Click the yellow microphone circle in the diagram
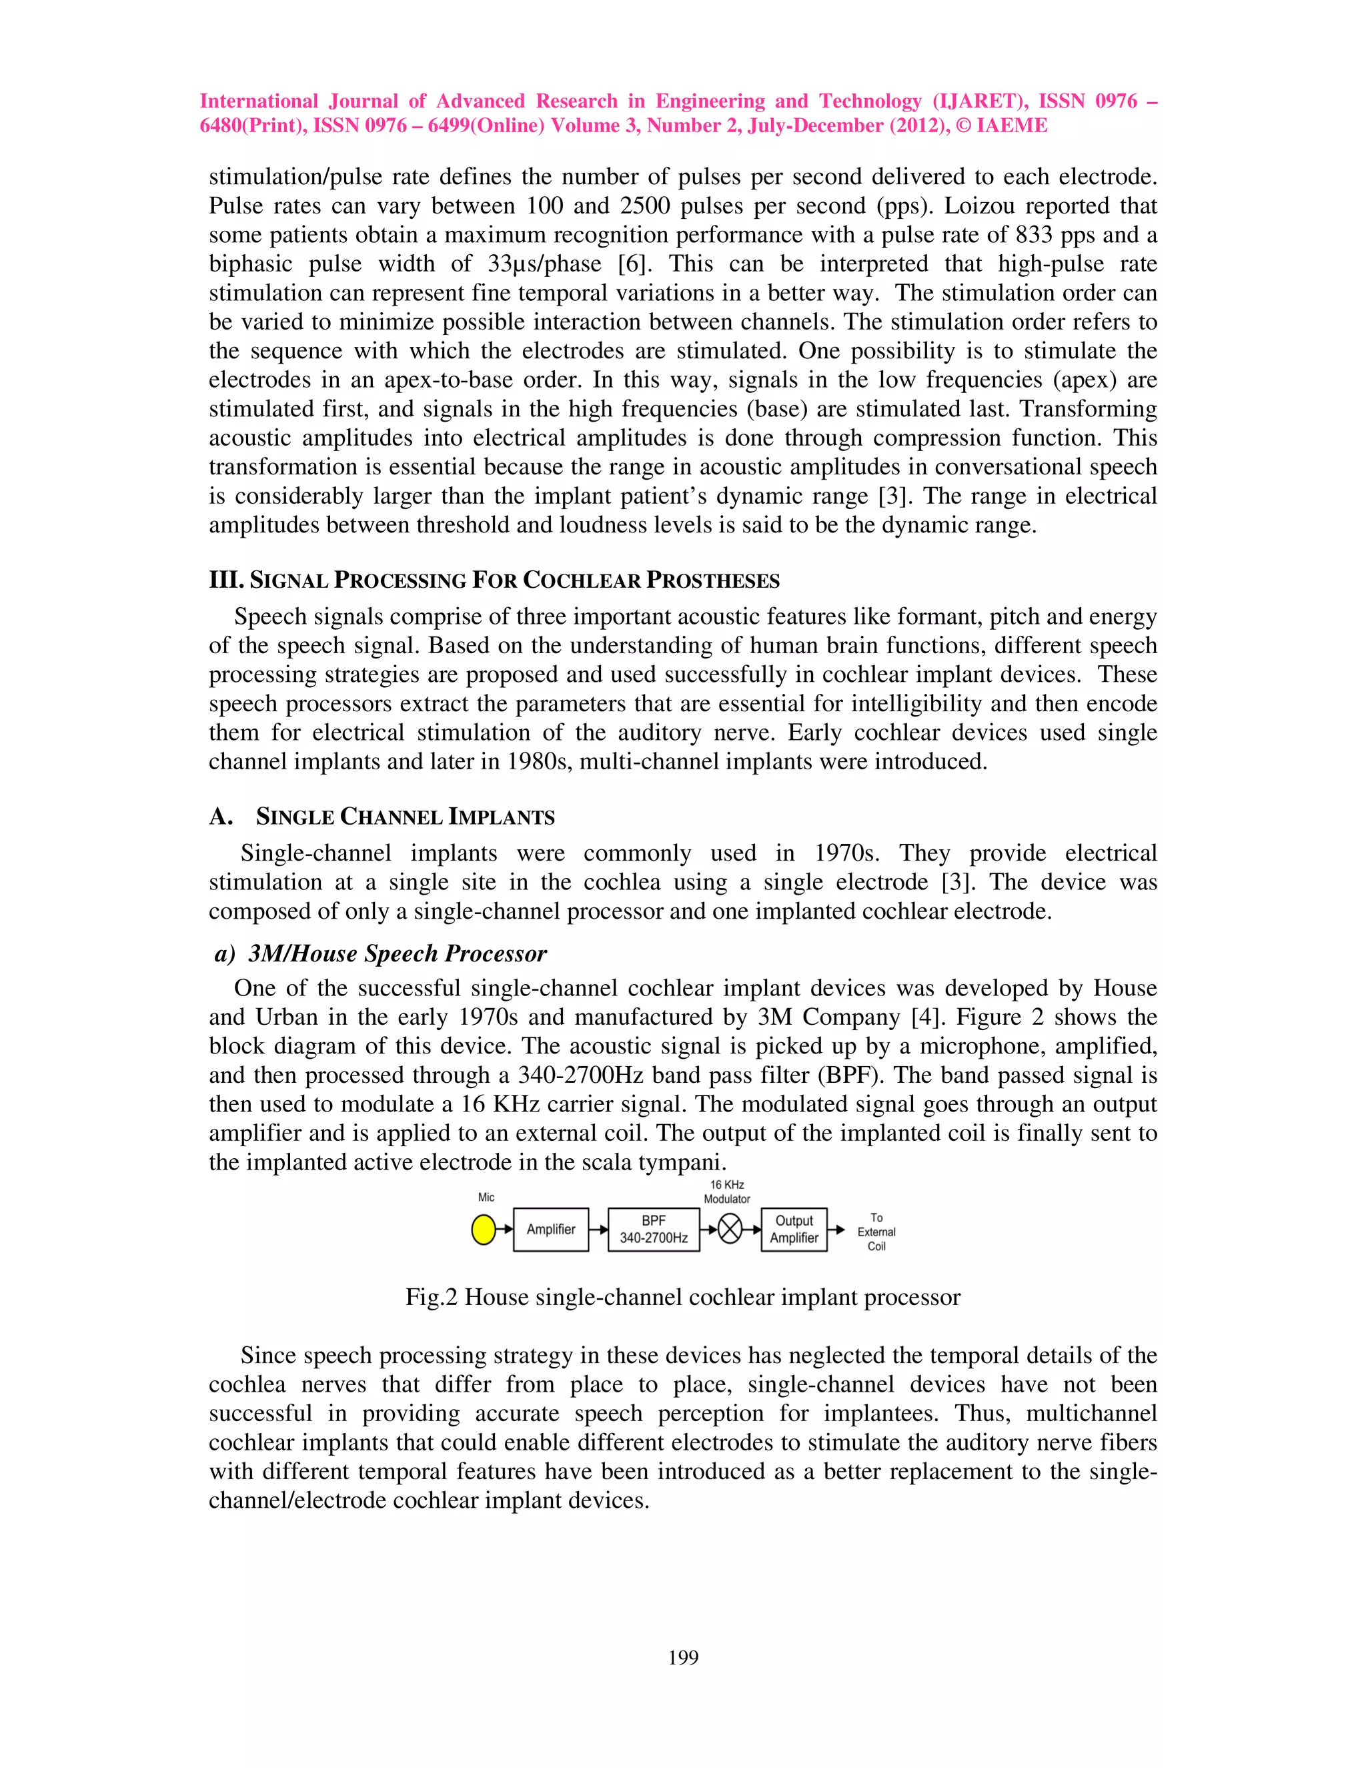click(483, 1230)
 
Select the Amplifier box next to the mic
click(550, 1230)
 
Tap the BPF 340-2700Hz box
click(653, 1230)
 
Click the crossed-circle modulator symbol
click(730, 1230)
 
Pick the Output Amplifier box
click(794, 1230)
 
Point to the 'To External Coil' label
click(876, 1232)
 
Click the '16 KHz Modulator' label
click(727, 1192)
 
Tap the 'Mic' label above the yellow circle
click(486, 1198)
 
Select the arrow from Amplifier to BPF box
click(598, 1230)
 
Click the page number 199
click(683, 1657)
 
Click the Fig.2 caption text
click(682, 1297)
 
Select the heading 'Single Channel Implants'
click(405, 817)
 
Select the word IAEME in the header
click(1012, 125)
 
